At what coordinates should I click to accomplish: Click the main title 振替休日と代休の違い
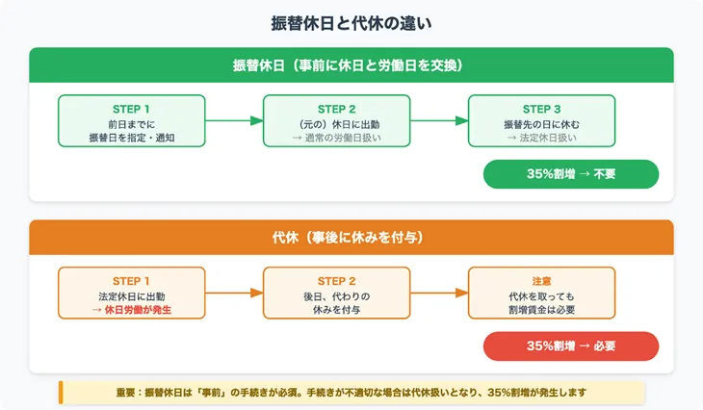[351, 20]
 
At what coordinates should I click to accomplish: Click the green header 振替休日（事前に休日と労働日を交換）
[351, 65]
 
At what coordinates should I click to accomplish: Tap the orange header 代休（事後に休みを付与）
[351, 237]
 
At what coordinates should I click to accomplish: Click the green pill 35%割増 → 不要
[571, 174]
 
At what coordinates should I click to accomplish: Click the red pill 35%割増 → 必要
[571, 346]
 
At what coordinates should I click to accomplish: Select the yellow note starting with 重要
[351, 393]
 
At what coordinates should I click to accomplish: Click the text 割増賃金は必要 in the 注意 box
[542, 310]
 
